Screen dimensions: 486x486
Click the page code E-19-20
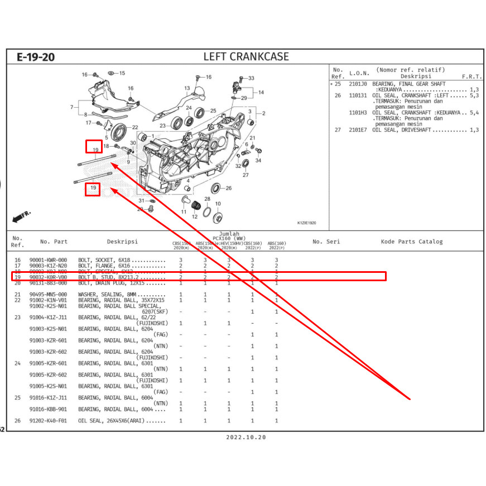pyautogui.click(x=35, y=57)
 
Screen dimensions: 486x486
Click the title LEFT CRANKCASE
pyautogui.click(x=246, y=56)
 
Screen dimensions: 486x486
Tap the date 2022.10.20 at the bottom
pyautogui.click(x=246, y=437)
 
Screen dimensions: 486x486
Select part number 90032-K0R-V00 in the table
pyautogui.click(x=48, y=277)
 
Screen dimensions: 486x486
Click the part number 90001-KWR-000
pyautogui.click(x=48, y=260)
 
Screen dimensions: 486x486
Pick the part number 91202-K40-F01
pyautogui.click(x=48, y=421)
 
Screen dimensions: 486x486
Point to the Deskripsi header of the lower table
pyautogui.click(x=122, y=242)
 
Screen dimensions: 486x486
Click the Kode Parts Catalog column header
pyautogui.click(x=412, y=242)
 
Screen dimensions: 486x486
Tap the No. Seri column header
pyautogui.click(x=326, y=242)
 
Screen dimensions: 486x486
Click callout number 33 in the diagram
pyautogui.click(x=251, y=78)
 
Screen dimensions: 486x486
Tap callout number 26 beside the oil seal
pyautogui.click(x=228, y=189)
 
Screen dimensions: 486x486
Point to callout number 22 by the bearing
pyautogui.click(x=135, y=127)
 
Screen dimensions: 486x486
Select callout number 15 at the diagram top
pyautogui.click(x=122, y=73)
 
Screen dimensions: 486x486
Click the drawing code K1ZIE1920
pyautogui.click(x=306, y=223)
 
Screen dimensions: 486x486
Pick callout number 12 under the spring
pyautogui.click(x=195, y=217)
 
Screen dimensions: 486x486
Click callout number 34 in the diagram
pyautogui.click(x=258, y=161)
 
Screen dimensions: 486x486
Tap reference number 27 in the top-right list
pyautogui.click(x=338, y=130)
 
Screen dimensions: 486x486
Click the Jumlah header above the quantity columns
pyautogui.click(x=229, y=234)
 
